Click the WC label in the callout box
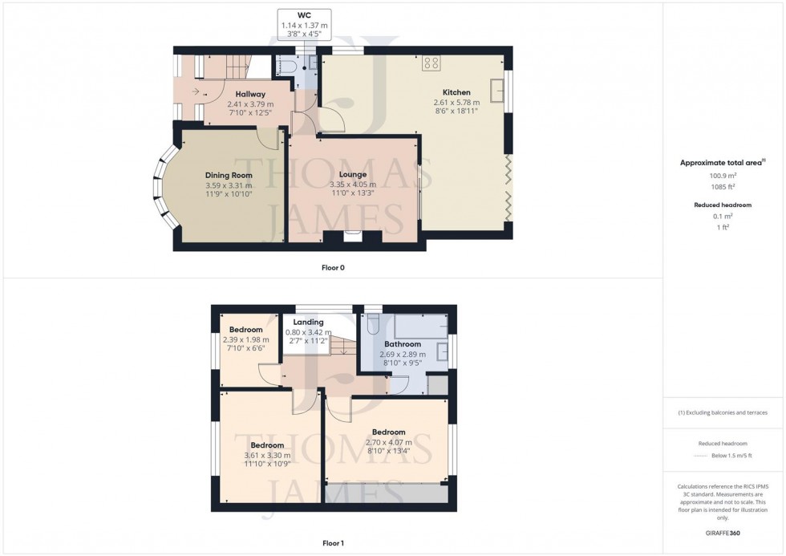pos(304,15)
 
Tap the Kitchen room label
pos(456,92)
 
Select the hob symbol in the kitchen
pos(431,63)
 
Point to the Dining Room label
pos(229,175)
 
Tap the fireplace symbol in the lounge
pos(352,236)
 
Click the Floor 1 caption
pos(333,543)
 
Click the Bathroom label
pos(402,344)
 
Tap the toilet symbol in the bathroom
pos(373,323)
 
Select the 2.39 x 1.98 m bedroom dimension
pos(245,339)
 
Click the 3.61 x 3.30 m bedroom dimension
pos(267,456)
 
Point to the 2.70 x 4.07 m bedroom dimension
pos(388,442)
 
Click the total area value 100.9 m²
pos(723,176)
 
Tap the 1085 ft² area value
pos(723,187)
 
